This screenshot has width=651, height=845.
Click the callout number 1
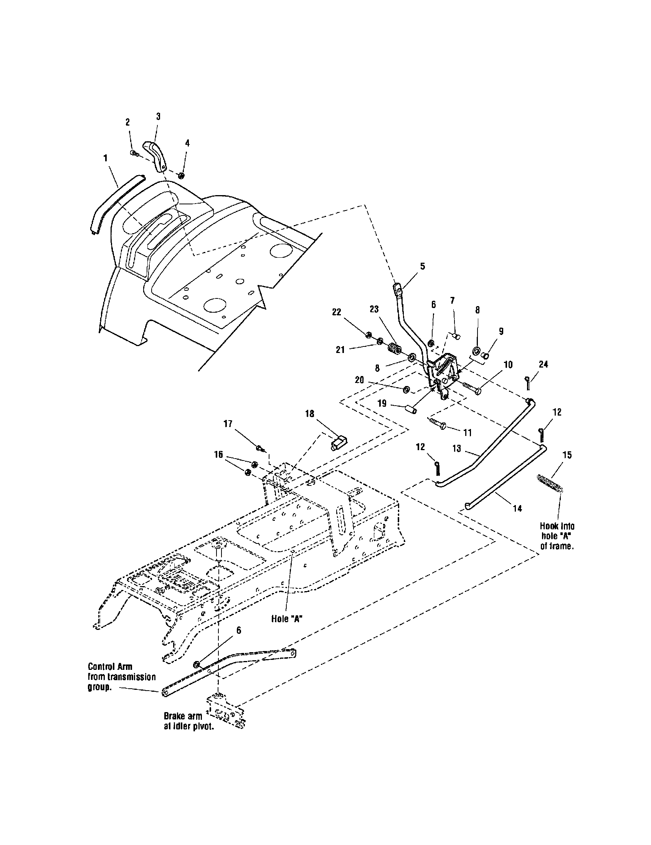point(105,158)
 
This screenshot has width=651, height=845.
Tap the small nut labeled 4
point(180,176)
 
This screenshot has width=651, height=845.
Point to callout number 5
point(422,266)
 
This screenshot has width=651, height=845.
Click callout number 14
point(517,509)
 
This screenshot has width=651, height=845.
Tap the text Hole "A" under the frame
point(286,620)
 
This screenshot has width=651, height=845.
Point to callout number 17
point(228,424)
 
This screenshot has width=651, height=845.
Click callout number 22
point(337,312)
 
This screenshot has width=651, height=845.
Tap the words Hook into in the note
point(557,526)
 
